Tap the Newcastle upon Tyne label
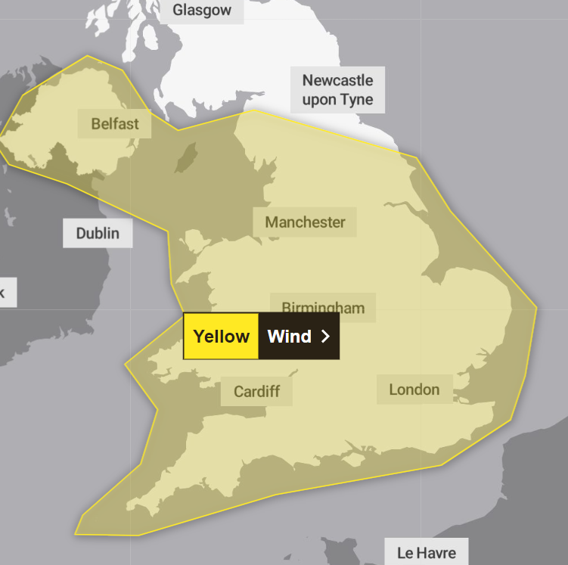coord(337,90)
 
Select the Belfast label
coord(115,123)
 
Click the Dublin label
coord(98,232)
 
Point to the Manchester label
coord(305,222)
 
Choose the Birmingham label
coord(323,307)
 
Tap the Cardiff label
coord(256,391)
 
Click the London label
coord(414,390)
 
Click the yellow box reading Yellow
coord(221,337)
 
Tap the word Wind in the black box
coord(290,337)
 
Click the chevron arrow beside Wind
coord(326,337)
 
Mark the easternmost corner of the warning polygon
coord(536,308)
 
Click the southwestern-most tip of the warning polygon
coord(76,533)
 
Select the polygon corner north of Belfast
coord(86,56)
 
